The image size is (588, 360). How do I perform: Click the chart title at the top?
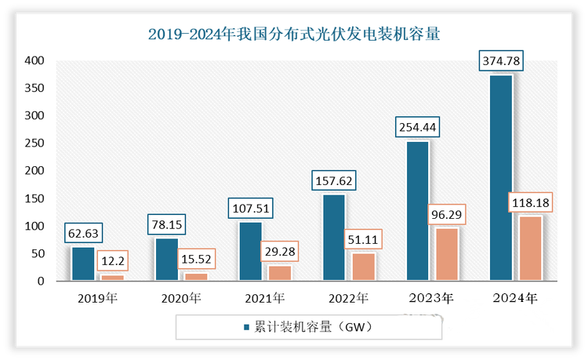coord(294,34)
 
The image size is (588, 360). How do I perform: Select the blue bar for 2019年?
coord(82,264)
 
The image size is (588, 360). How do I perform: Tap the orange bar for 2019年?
coord(112,277)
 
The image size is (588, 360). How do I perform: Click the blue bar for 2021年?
coord(250,251)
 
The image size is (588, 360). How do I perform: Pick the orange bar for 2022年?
coord(363,267)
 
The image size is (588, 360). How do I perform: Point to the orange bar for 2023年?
coord(447,254)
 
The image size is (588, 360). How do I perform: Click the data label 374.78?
coord(503,60)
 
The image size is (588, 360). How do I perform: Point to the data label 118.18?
coord(529,202)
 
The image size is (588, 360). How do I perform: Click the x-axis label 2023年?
coord(431,298)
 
